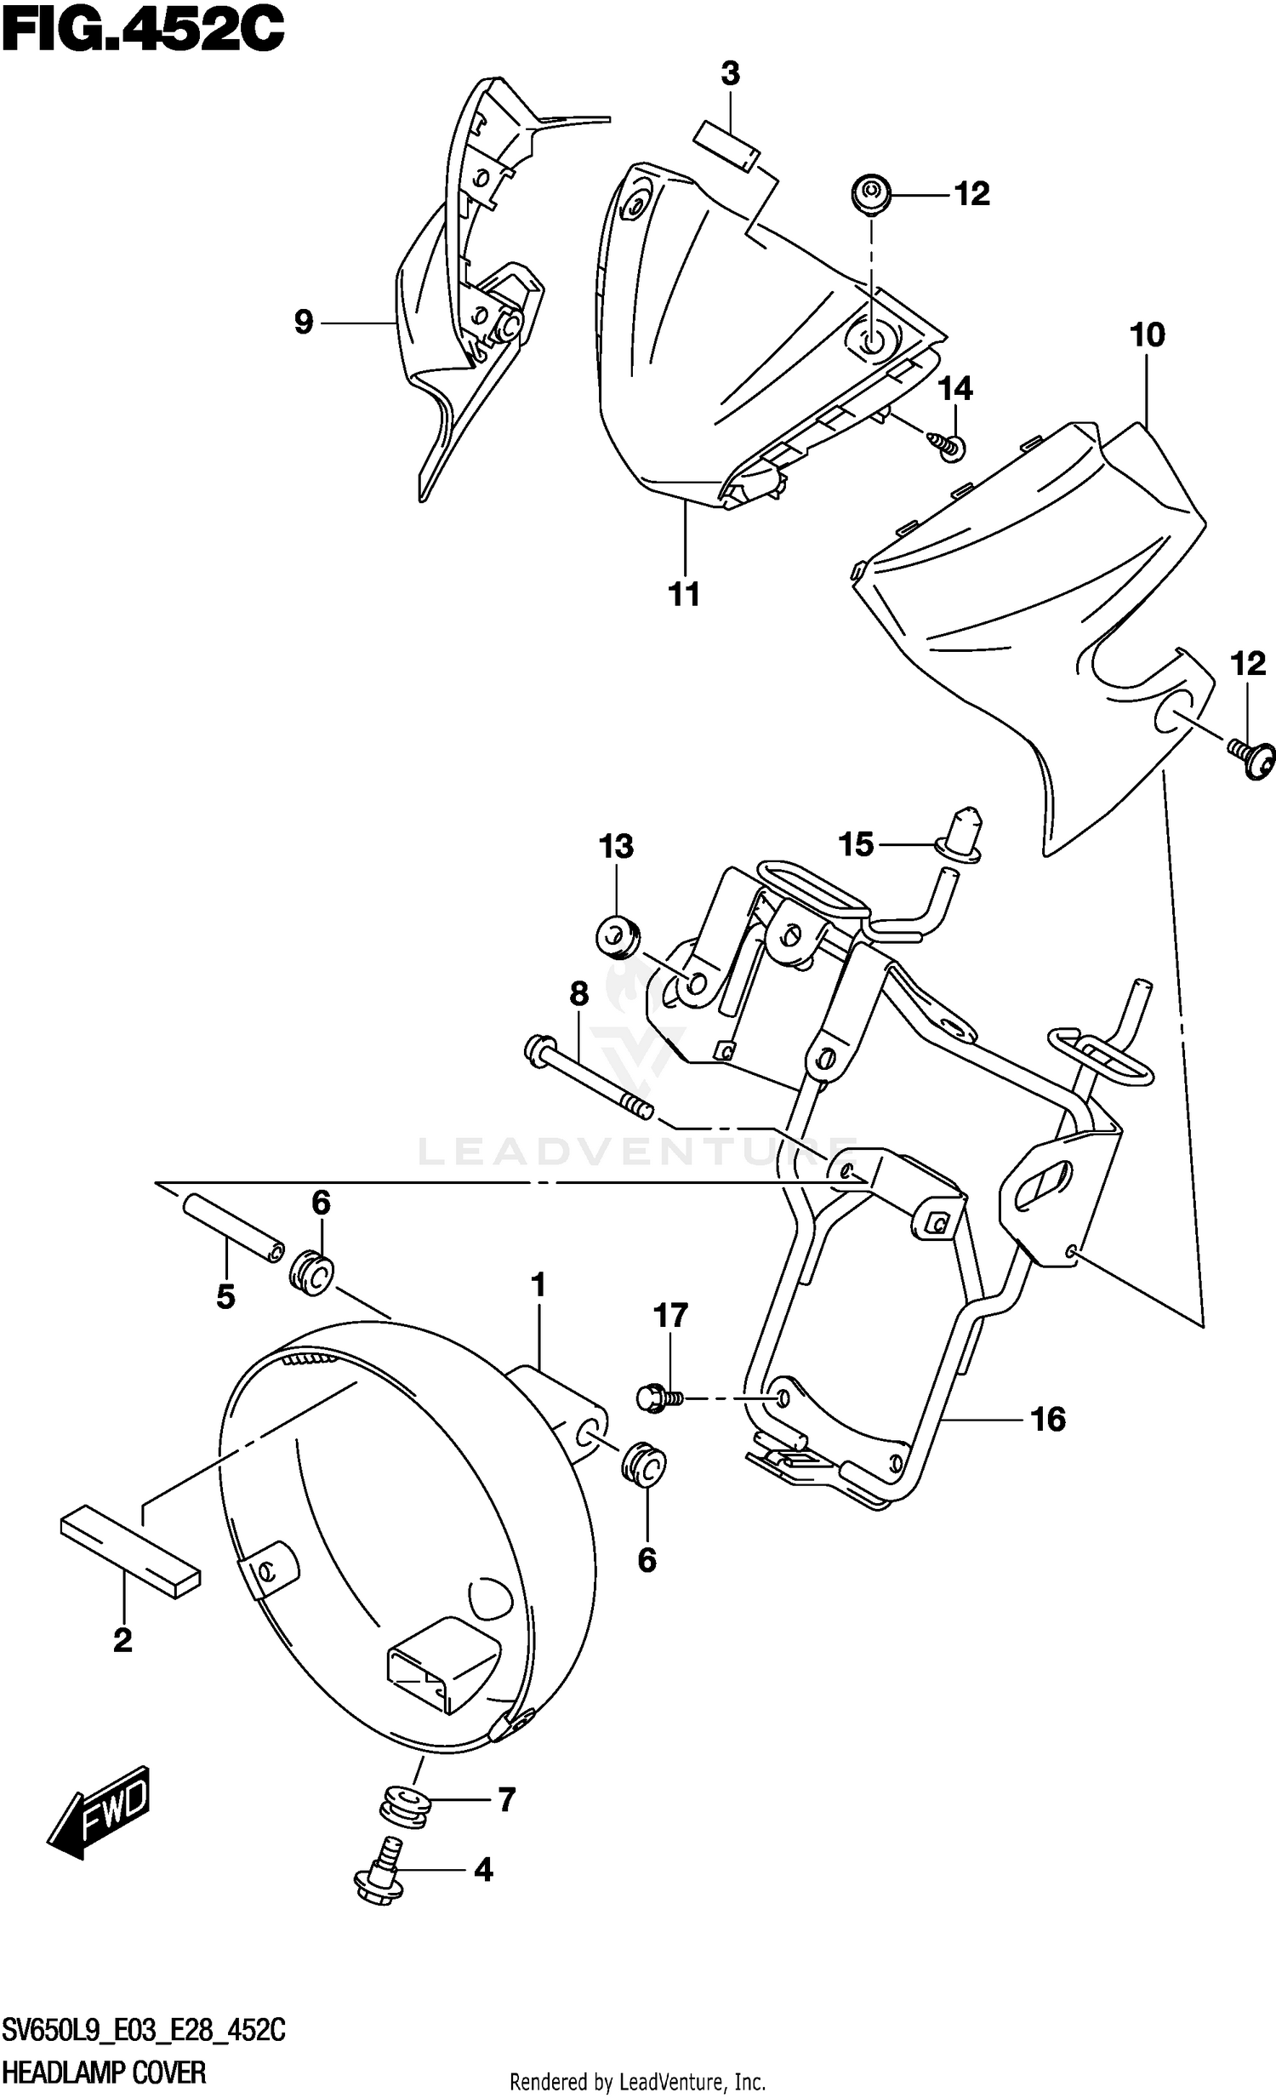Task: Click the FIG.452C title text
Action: tap(142, 32)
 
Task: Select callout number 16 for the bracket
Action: tap(1048, 1420)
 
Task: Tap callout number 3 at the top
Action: tap(730, 75)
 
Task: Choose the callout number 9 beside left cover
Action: tap(303, 322)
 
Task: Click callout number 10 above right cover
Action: tap(1147, 335)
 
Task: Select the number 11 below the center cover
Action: tap(685, 593)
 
